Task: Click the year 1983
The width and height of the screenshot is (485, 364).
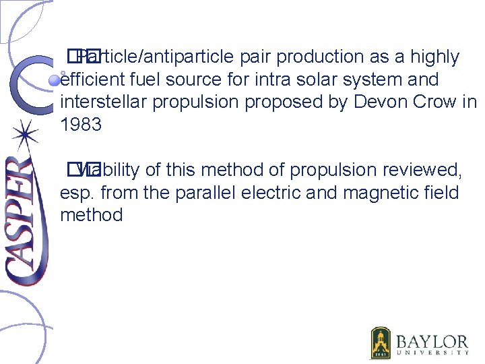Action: point(82,125)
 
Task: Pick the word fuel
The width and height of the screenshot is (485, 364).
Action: point(154,80)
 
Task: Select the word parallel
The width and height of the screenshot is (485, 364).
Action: point(207,193)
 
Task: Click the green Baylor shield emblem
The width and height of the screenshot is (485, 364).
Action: point(381,342)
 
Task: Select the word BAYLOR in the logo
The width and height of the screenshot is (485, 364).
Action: point(432,340)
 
